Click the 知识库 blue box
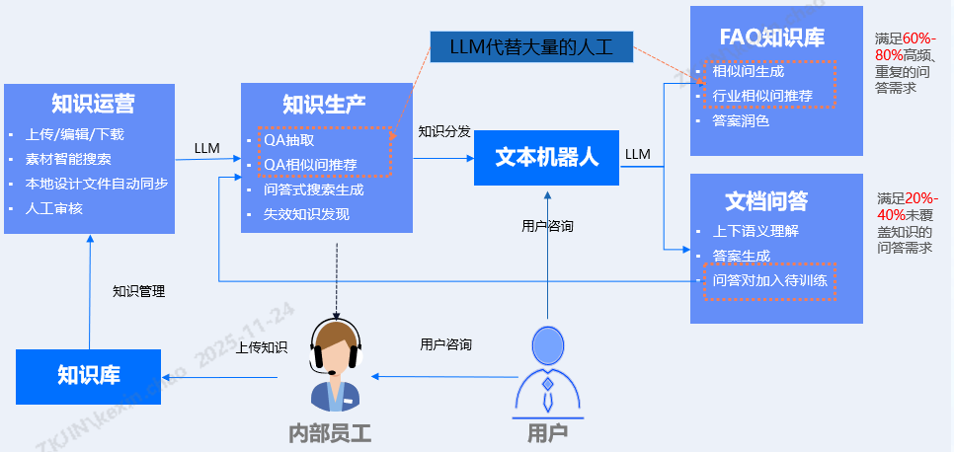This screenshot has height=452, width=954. click(x=89, y=376)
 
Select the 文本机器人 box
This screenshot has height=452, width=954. click(x=546, y=157)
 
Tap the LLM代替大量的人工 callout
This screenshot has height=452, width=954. click(x=530, y=46)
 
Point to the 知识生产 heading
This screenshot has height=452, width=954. click(x=324, y=105)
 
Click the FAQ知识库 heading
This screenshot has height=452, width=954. click(x=772, y=38)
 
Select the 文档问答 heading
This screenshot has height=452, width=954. click(x=766, y=201)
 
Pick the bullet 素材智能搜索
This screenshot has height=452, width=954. click(x=68, y=159)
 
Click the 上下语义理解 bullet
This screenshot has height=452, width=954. click(x=755, y=231)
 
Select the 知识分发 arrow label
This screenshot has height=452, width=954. click(x=443, y=131)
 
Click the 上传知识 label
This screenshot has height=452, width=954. click(x=261, y=347)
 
